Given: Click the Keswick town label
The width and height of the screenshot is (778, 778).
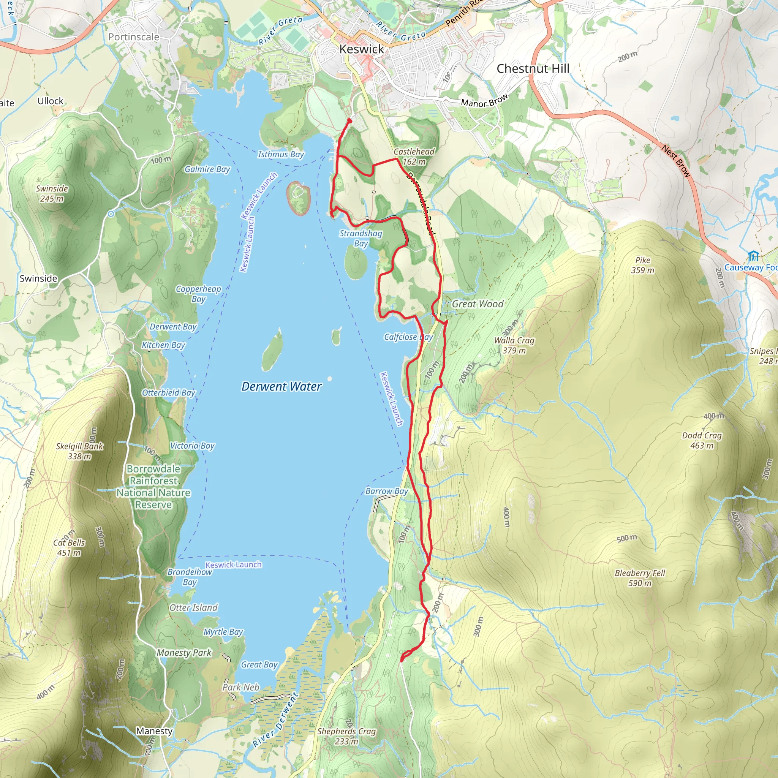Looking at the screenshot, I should (x=361, y=49).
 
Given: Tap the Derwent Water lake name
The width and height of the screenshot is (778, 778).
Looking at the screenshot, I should (x=281, y=387).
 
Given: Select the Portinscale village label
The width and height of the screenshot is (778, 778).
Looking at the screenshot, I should (x=133, y=37).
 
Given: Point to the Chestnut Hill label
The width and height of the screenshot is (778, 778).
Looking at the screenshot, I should (x=533, y=69).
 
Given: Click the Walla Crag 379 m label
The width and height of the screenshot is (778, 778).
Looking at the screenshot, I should (x=514, y=345).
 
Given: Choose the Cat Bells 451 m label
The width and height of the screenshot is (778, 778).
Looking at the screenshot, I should (x=69, y=548).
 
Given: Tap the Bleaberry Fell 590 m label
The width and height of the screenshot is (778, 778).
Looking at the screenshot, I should (x=639, y=578).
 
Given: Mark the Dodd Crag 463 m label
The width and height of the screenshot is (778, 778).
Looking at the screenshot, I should (x=702, y=440).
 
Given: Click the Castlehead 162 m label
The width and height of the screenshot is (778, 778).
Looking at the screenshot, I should (x=414, y=157).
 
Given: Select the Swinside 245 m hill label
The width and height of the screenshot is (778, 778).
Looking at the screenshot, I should (x=52, y=193).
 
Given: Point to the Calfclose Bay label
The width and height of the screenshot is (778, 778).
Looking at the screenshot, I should (x=408, y=337).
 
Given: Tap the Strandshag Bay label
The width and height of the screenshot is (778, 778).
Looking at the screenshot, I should (x=361, y=239).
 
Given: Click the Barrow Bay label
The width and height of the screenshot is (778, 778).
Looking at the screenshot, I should (x=386, y=491).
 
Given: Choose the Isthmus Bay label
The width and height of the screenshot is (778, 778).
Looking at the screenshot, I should (x=281, y=154).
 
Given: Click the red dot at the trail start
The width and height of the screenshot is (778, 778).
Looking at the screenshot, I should (x=349, y=121).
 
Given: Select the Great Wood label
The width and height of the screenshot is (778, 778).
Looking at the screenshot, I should (x=477, y=304).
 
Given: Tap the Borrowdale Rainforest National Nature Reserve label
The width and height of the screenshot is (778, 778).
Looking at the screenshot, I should (x=153, y=487).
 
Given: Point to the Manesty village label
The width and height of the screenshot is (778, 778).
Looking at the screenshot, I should (x=154, y=731).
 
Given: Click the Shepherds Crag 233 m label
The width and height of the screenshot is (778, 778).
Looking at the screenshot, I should (x=346, y=736).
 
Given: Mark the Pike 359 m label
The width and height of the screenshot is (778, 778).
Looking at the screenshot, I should (x=642, y=265).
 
